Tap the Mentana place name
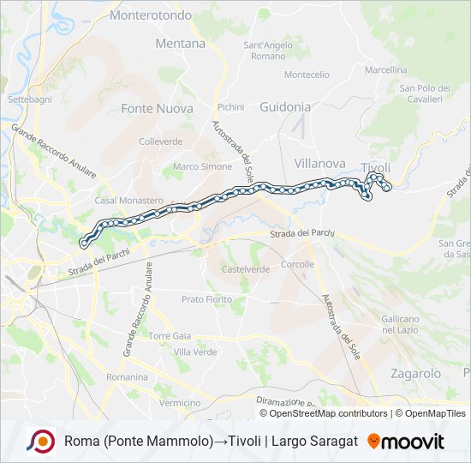tap(181, 43)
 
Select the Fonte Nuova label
tap(157, 109)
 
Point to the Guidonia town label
tap(285, 107)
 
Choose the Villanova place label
tap(319, 163)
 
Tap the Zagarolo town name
tap(415, 374)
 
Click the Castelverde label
tap(246, 269)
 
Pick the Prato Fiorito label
tap(206, 299)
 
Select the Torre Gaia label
tap(170, 335)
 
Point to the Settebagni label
tap(30, 99)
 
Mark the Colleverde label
tap(161, 141)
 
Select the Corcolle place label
tap(297, 265)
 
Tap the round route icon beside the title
tap(40, 442)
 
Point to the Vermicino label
tap(179, 403)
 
